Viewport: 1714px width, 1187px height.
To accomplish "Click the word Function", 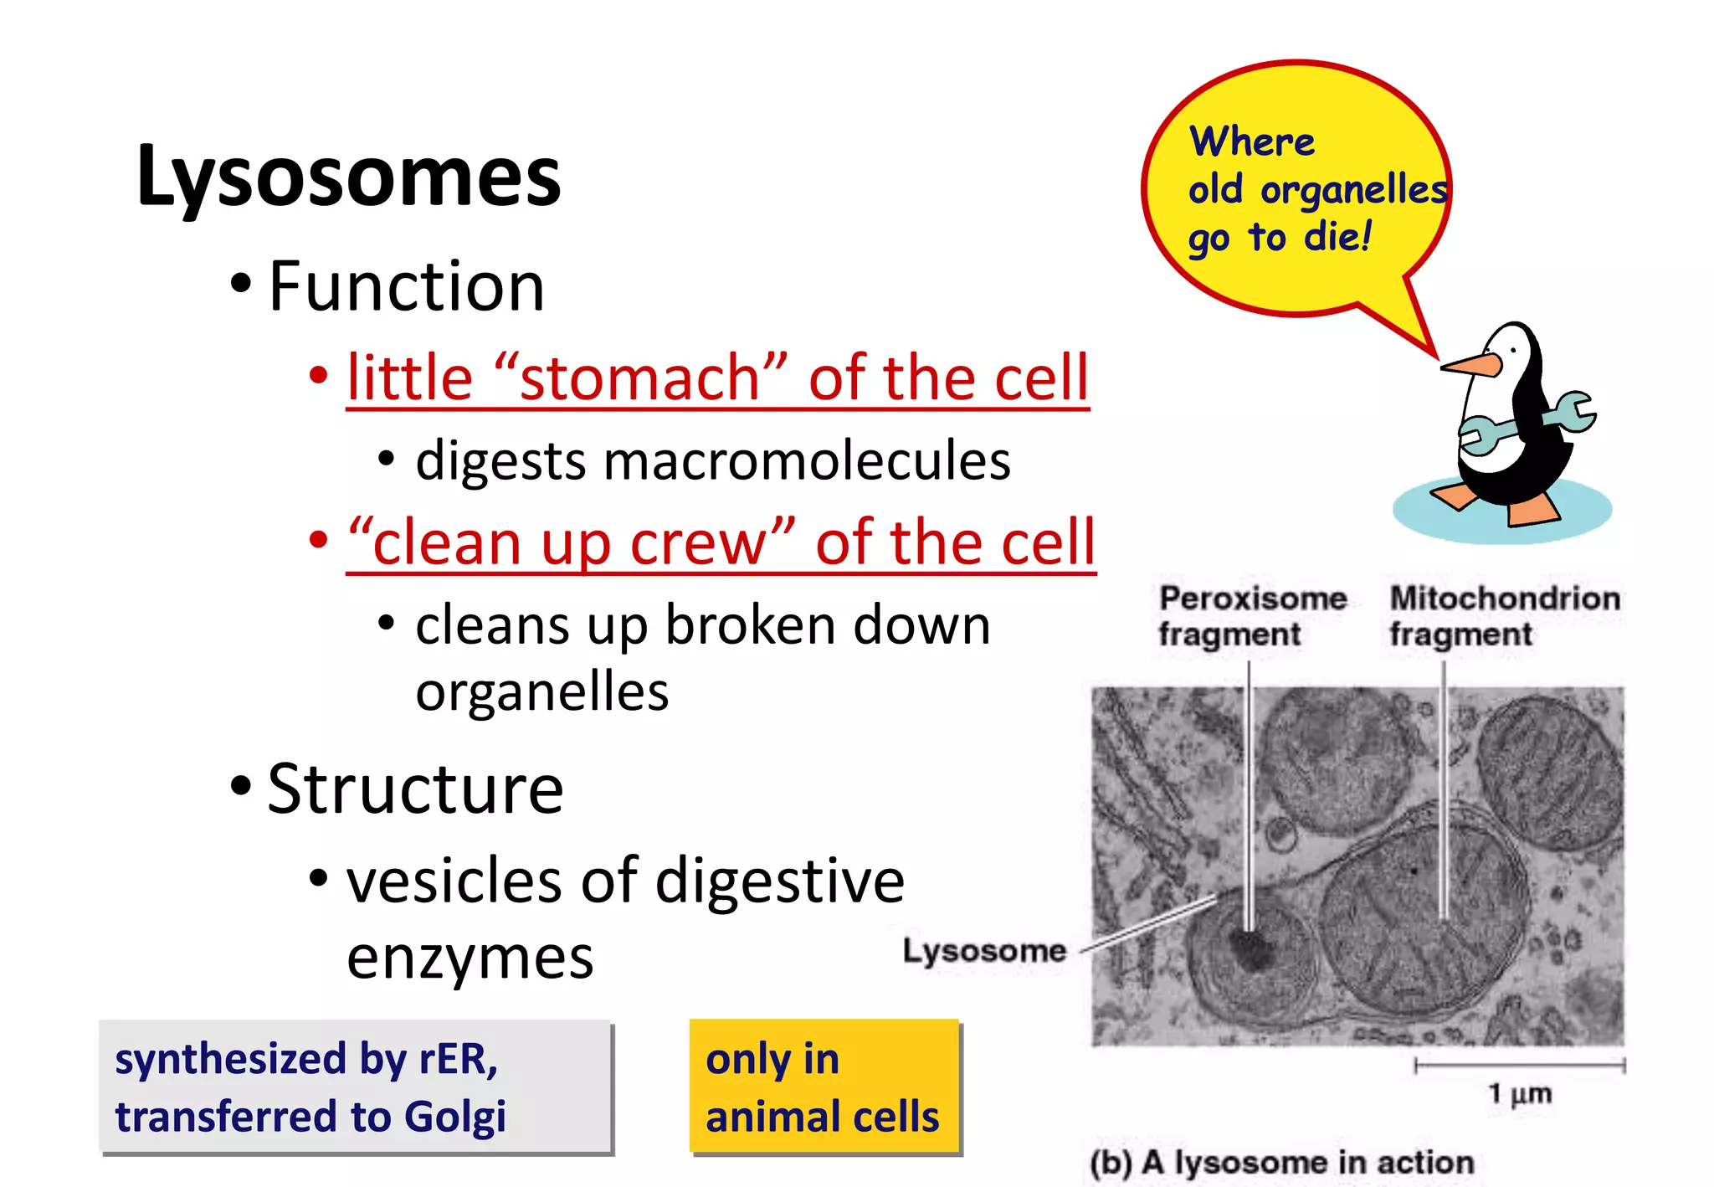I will click(x=406, y=286).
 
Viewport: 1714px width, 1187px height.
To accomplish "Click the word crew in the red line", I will click(x=698, y=542).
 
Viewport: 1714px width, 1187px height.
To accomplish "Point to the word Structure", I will click(x=415, y=789).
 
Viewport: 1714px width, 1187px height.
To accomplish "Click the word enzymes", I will click(x=470, y=958).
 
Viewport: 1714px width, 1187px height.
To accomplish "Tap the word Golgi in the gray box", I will click(x=454, y=1117).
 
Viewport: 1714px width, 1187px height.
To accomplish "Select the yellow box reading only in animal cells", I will click(x=824, y=1087).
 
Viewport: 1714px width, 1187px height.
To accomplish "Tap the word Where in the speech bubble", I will click(x=1251, y=141).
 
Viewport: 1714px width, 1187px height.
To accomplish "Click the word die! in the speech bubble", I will click(x=1337, y=237).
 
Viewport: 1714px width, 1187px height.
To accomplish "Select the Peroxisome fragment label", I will click(x=1251, y=616).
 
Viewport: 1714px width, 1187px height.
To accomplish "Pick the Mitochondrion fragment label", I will click(x=1504, y=616).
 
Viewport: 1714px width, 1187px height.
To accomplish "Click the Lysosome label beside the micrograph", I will click(x=984, y=951).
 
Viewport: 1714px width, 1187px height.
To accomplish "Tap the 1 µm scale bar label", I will click(x=1519, y=1093).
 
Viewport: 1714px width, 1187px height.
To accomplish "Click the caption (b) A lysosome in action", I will click(x=1281, y=1163).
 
